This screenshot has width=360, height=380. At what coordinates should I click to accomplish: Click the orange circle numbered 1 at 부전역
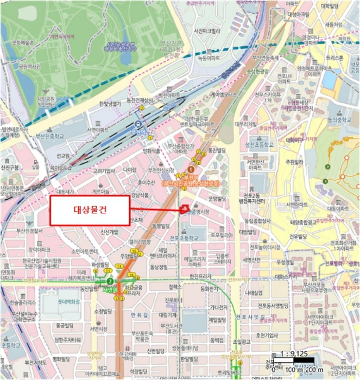[191, 170]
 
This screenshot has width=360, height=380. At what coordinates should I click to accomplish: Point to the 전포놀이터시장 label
[265, 248]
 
